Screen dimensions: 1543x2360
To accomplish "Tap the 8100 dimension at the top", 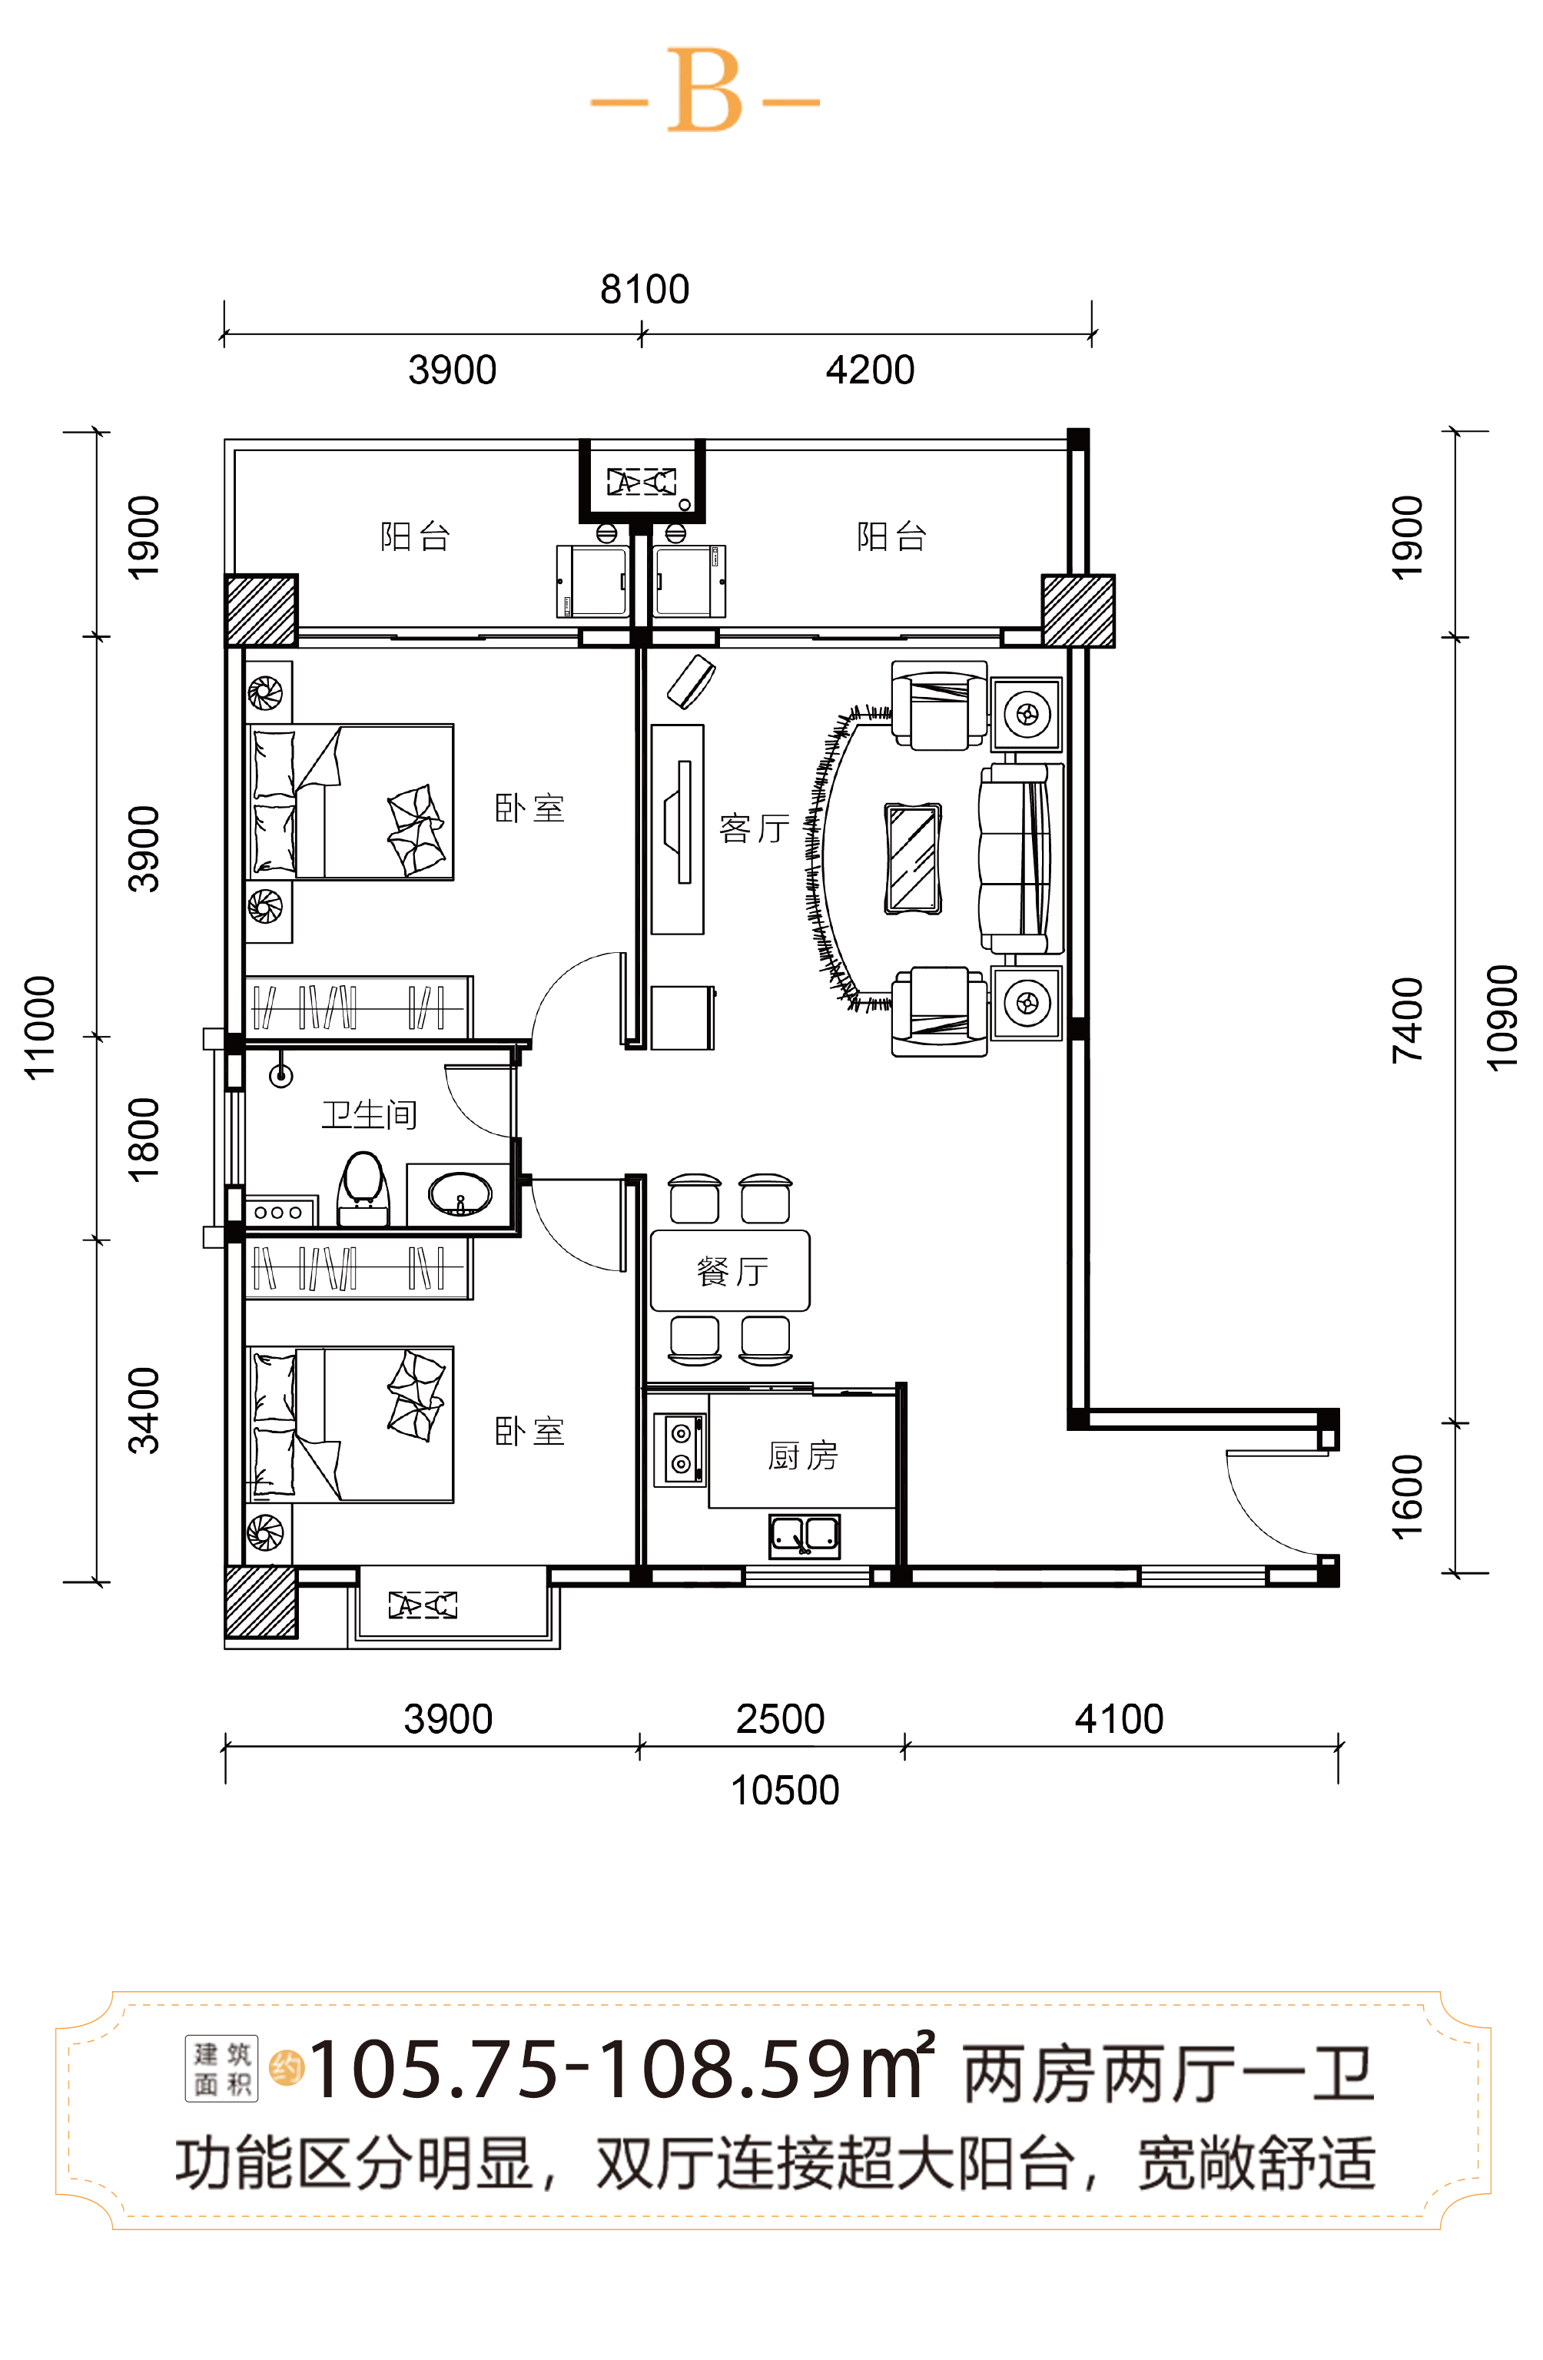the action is [x=645, y=290].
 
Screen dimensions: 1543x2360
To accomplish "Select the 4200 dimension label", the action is [x=870, y=370].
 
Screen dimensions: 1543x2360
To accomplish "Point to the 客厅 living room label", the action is [x=755, y=828].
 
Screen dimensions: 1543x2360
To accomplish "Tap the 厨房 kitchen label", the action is [x=802, y=1455].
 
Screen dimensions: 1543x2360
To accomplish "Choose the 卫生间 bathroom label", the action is [x=369, y=1114].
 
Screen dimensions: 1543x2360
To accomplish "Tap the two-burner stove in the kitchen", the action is [x=680, y=1449].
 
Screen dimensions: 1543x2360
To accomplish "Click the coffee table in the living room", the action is [x=912, y=858].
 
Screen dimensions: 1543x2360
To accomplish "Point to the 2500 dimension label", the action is [x=781, y=1718].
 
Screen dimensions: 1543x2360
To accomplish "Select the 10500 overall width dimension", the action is [x=785, y=1790].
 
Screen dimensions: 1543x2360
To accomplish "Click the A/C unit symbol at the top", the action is [x=642, y=482].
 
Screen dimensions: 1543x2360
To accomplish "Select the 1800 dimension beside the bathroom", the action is [x=144, y=1140].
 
